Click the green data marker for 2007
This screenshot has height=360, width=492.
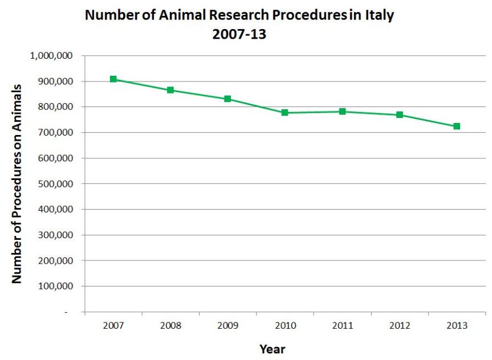click(x=113, y=79)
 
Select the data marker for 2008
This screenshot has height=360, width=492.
click(x=170, y=90)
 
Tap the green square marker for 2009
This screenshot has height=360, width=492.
click(x=227, y=99)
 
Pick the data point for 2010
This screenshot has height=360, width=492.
click(x=284, y=113)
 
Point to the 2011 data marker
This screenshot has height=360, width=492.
click(x=342, y=111)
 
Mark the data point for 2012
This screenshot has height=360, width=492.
click(x=400, y=114)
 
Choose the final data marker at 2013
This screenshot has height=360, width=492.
click(x=457, y=126)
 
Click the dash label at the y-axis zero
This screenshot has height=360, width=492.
click(x=66, y=312)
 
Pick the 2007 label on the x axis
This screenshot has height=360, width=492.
click(x=113, y=325)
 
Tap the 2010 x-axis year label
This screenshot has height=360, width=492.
click(x=284, y=325)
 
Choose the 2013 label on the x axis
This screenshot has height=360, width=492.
click(x=457, y=325)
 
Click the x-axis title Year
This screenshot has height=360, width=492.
click(x=272, y=349)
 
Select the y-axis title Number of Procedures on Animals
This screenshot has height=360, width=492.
click(x=17, y=183)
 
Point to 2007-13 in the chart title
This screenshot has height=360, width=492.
click(x=239, y=34)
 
